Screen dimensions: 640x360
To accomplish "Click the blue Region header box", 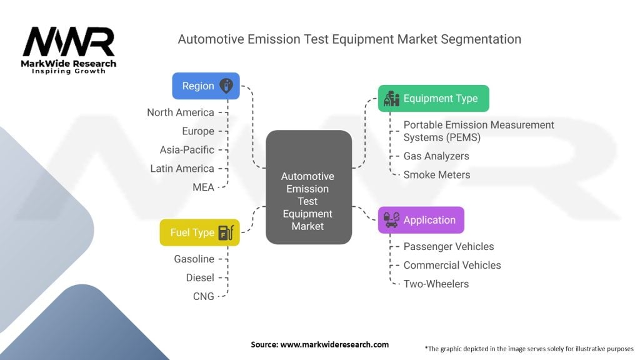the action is point(206,86).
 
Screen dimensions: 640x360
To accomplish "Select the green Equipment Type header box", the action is point(433,98).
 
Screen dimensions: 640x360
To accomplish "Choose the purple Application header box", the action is point(421,220).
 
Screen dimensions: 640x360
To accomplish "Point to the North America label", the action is point(181,112).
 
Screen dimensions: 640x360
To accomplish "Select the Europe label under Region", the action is point(198,131).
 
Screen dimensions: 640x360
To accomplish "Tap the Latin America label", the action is point(182,169).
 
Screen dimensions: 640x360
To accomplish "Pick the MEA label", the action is point(203,187).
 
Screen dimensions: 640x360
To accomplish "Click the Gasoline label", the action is point(194,259).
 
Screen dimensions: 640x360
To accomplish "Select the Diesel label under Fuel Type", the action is point(200,277).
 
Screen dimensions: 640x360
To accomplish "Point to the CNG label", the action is point(204,296).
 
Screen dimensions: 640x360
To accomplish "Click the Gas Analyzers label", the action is point(436,156).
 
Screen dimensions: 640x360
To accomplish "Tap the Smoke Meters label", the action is point(436,175).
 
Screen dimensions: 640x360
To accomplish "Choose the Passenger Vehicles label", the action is point(449,247).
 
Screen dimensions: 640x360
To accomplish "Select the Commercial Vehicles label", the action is point(452,265).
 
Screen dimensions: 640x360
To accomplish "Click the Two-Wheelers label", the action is point(436,284).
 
